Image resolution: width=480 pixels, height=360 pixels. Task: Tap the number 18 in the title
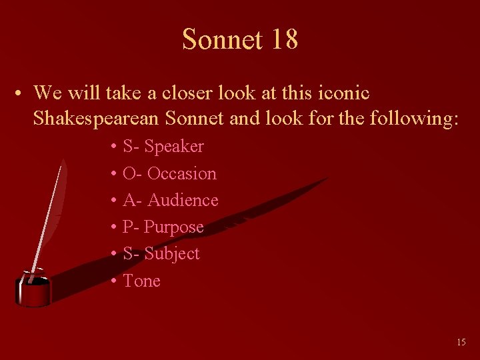(x=284, y=39)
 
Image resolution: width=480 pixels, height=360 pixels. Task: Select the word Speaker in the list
(x=174, y=146)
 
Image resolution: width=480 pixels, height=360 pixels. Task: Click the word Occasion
(x=181, y=173)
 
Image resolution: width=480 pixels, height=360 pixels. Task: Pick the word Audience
(x=183, y=200)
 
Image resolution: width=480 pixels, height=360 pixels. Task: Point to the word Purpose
(x=174, y=227)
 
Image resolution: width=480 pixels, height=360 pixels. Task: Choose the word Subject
(x=172, y=253)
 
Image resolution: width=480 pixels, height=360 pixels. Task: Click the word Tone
(x=141, y=281)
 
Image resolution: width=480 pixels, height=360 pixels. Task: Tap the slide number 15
(x=461, y=342)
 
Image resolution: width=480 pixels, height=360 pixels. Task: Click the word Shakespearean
(x=95, y=119)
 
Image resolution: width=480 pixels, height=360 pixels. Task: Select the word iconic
(x=343, y=93)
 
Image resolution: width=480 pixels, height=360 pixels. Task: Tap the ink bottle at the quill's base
(x=33, y=291)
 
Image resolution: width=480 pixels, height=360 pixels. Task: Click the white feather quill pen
(x=50, y=207)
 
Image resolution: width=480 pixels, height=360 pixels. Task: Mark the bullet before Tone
(x=114, y=281)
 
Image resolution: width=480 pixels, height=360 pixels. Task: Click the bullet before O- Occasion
(x=114, y=174)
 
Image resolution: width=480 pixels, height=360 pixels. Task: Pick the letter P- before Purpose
(x=131, y=227)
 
